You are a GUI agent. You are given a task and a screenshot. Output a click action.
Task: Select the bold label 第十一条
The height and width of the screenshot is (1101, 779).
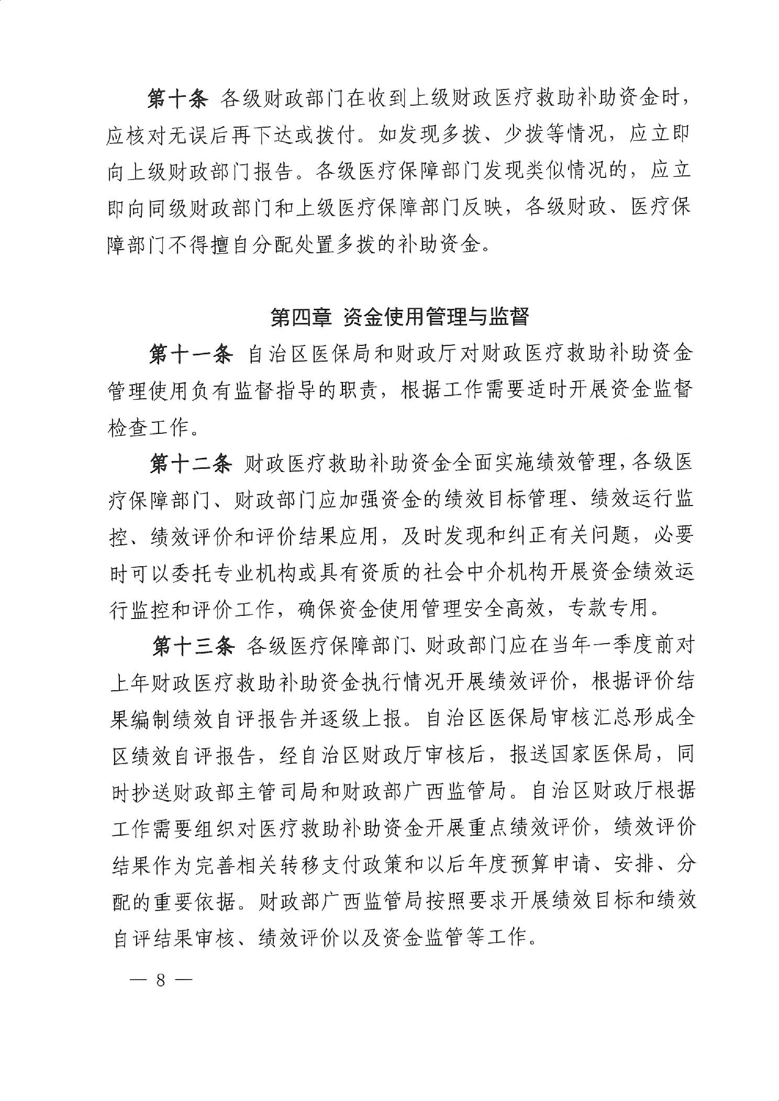(x=191, y=354)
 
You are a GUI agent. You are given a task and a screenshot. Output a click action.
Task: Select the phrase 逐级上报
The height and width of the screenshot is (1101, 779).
(x=362, y=719)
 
